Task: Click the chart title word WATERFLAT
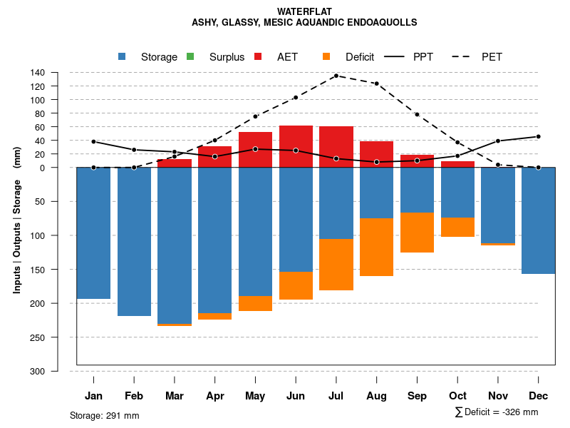tap(304, 11)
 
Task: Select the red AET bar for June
tap(296, 146)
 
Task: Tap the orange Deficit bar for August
tap(376, 247)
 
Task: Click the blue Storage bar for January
tap(93, 233)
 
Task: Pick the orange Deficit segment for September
tap(417, 233)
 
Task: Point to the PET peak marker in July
tap(336, 76)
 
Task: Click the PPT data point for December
tap(538, 136)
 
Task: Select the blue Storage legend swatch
tap(123, 57)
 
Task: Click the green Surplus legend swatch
tap(190, 57)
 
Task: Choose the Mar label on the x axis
tap(175, 396)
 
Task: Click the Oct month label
tap(457, 396)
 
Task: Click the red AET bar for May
tap(255, 150)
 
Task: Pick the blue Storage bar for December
tap(538, 220)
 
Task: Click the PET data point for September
tap(417, 115)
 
